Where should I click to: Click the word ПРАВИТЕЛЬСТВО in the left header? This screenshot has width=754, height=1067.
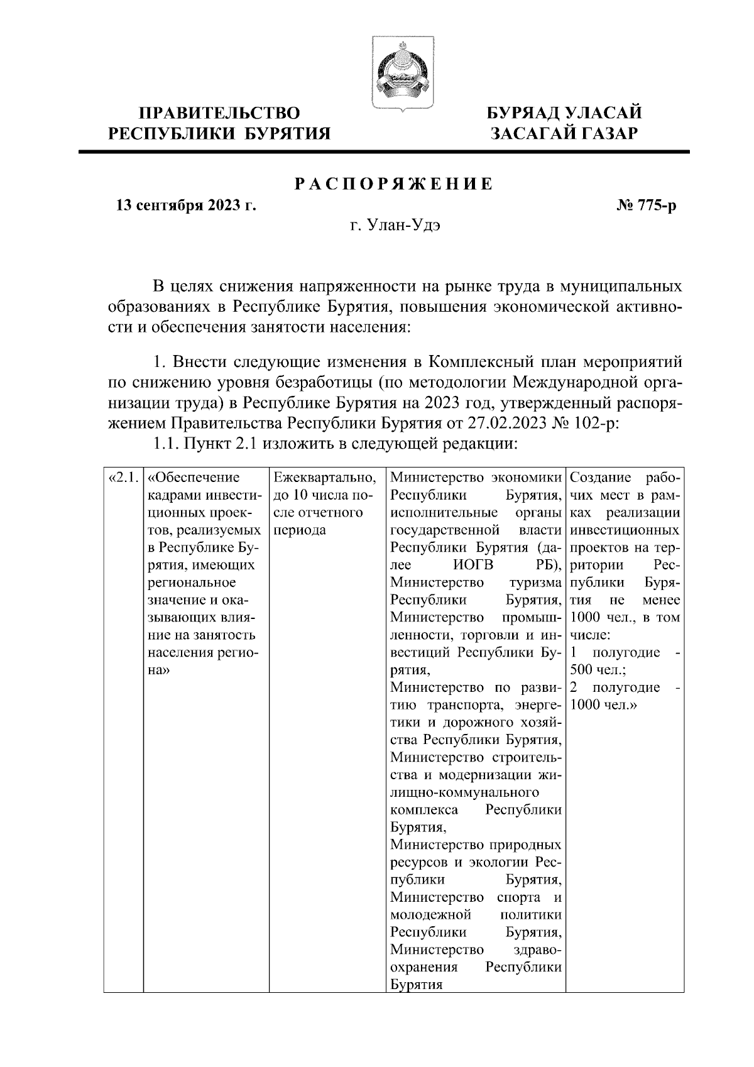(219, 113)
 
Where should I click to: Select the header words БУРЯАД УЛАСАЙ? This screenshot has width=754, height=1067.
(566, 113)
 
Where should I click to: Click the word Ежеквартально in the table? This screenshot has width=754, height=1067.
(325, 478)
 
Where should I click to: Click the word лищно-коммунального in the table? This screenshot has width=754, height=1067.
(465, 792)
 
